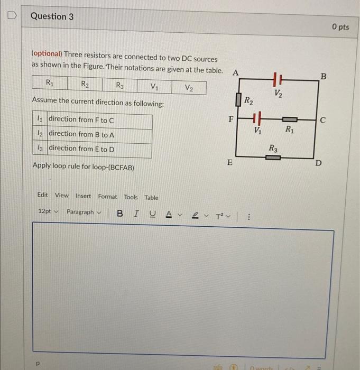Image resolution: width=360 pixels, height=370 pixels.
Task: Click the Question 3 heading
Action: (52, 16)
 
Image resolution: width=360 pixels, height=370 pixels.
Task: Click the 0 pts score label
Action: (340, 26)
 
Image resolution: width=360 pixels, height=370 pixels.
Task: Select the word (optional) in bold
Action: (47, 54)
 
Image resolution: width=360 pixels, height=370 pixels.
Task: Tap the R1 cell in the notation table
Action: (49, 83)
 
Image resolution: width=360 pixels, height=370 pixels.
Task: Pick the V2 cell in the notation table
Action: (189, 87)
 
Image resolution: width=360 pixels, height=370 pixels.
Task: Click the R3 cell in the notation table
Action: (120, 86)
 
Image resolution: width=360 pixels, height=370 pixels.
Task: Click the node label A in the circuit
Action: (235, 71)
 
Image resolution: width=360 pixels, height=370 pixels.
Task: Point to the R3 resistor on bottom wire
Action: (272, 157)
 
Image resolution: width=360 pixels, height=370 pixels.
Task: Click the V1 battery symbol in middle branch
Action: (257, 119)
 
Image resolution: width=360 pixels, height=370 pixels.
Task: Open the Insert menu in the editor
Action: (83, 196)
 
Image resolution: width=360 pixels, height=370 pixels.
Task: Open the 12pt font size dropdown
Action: (48, 212)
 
